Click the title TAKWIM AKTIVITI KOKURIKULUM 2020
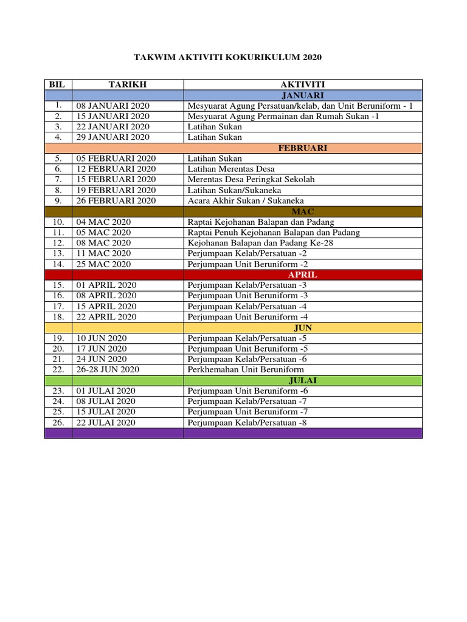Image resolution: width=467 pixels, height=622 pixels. [x=227, y=58]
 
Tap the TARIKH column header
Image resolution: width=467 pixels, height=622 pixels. [x=128, y=84]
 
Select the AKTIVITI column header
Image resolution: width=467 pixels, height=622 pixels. [x=302, y=84]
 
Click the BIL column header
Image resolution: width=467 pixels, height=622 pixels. [x=58, y=84]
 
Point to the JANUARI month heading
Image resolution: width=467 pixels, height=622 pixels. [x=302, y=95]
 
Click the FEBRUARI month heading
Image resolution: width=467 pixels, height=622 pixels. [x=302, y=148]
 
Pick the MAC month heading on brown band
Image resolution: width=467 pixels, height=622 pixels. [x=302, y=211]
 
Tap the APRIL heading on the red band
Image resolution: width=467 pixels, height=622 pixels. [x=302, y=275]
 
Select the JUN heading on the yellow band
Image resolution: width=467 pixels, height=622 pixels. [x=302, y=327]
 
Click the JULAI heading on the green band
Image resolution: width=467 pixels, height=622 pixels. [x=302, y=380]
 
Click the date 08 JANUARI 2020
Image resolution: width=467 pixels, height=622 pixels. [x=112, y=106]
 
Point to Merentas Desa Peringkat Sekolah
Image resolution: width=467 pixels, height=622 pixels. [x=251, y=179]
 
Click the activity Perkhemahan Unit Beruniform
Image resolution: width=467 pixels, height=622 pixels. [x=246, y=369]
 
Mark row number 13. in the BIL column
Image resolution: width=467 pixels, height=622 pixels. [x=58, y=253]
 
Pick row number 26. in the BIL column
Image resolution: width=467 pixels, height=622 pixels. [x=58, y=422]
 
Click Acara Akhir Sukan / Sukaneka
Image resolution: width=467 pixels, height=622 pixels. [x=246, y=200]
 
